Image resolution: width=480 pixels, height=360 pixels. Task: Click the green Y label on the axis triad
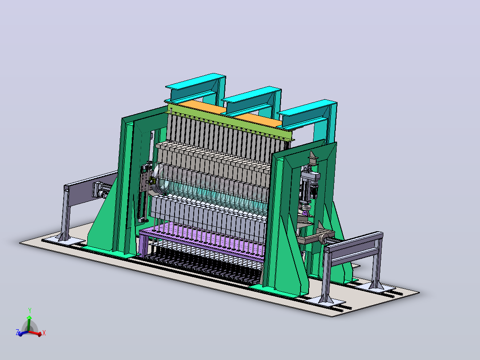pyautogui.click(x=30, y=310)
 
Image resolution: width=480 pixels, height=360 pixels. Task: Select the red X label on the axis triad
pyautogui.click(x=44, y=333)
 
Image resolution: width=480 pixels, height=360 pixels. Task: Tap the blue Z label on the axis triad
pyautogui.click(x=17, y=332)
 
